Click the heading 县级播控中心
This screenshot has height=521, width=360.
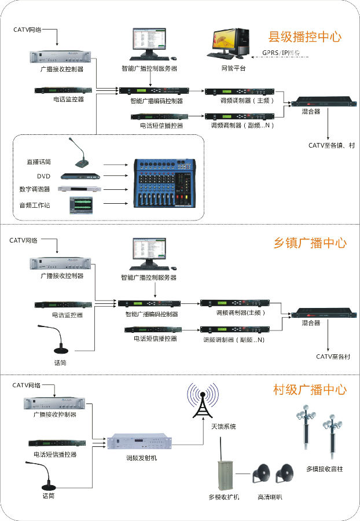point(304,38)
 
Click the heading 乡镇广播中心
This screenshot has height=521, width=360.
point(310,243)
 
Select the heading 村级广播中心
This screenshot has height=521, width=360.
point(310,390)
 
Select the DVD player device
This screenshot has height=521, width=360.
point(81,176)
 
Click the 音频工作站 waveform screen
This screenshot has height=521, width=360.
point(80,205)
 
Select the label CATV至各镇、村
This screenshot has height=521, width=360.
point(332,145)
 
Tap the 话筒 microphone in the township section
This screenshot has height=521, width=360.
point(59,341)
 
